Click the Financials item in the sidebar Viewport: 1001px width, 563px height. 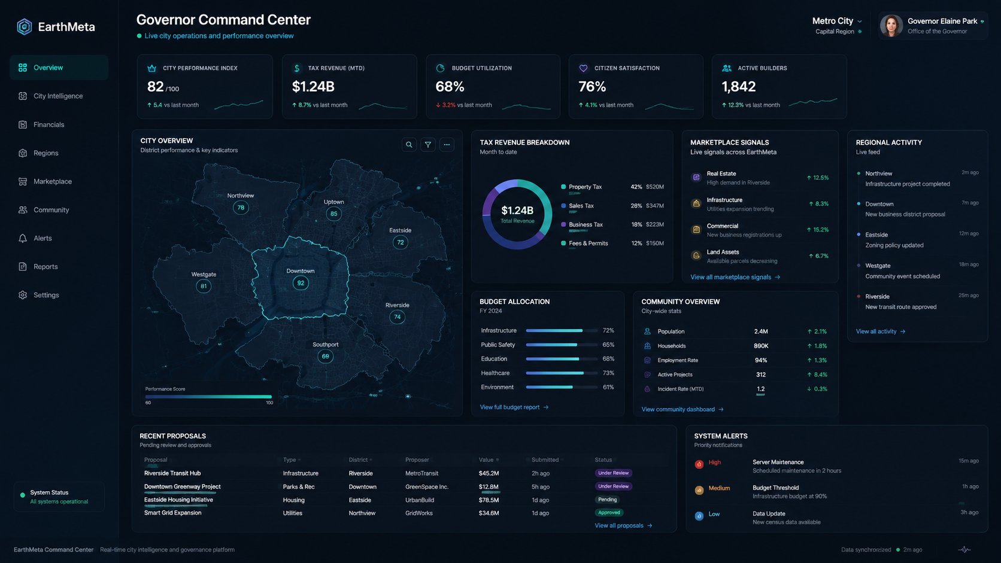point(48,124)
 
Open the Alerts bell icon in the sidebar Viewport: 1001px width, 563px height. point(23,238)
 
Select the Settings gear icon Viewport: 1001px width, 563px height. point(23,295)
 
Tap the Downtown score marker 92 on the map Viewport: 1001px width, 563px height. point(301,283)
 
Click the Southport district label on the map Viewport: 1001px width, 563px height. point(325,345)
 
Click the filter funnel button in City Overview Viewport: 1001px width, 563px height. point(427,145)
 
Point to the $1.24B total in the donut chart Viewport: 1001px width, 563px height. point(517,210)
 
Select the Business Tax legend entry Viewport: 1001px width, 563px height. point(586,224)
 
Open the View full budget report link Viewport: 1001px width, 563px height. point(514,407)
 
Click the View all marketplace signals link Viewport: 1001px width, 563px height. point(735,277)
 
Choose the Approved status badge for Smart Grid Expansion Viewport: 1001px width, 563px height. point(609,513)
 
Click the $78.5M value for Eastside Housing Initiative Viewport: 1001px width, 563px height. point(489,500)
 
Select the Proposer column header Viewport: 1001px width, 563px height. point(417,460)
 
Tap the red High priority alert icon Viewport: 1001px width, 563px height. point(699,464)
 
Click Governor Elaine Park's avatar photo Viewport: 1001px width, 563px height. point(891,26)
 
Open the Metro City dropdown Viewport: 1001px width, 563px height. point(837,21)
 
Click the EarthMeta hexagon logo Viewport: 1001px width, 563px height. point(24,27)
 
